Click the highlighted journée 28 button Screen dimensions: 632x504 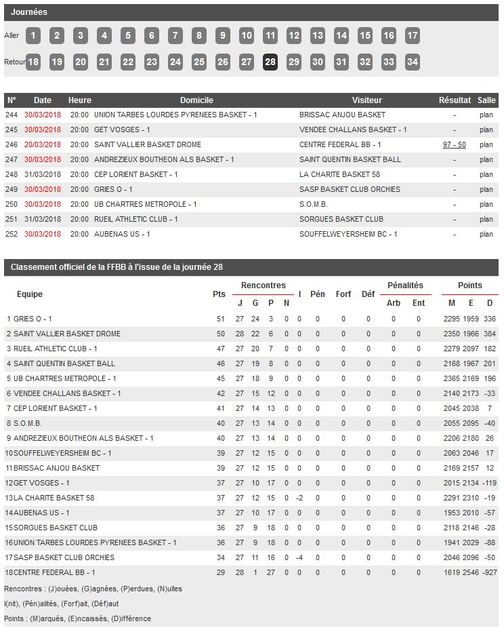point(270,62)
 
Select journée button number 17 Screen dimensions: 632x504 point(412,35)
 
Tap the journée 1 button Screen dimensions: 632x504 point(33,35)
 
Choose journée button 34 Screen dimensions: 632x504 point(412,62)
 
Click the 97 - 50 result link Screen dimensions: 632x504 point(454,144)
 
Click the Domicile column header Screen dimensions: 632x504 point(196,100)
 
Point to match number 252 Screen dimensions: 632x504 point(12,234)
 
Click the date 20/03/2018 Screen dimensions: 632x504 point(43,144)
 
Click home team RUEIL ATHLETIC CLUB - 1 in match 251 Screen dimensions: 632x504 point(135,219)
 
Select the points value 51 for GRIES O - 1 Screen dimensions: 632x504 point(220,319)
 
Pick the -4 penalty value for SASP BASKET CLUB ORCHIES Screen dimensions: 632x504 point(299,557)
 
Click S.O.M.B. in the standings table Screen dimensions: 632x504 point(28,423)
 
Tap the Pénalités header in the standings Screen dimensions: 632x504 point(405,285)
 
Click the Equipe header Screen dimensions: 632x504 point(30,294)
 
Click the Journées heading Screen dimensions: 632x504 point(29,12)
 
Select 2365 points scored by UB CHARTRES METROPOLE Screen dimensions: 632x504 point(451,378)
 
